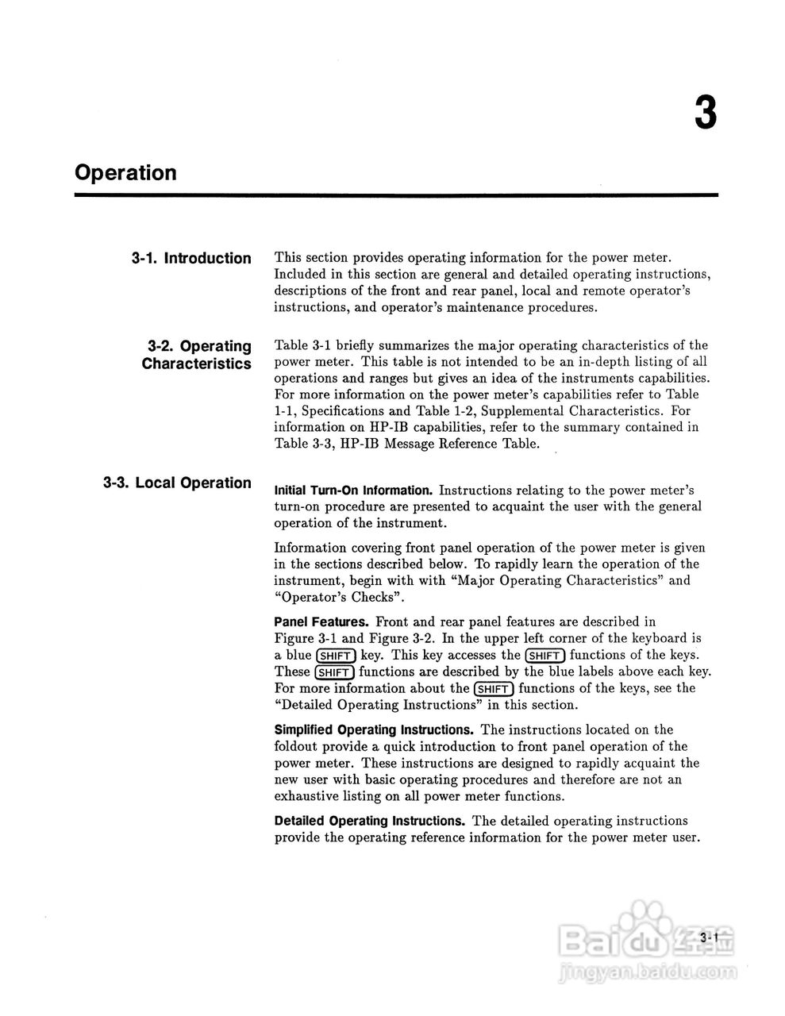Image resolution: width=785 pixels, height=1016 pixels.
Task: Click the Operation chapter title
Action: (x=125, y=173)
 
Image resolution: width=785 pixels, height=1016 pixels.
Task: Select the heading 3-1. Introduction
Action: (x=191, y=258)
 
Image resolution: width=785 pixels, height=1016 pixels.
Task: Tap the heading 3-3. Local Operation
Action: (x=177, y=483)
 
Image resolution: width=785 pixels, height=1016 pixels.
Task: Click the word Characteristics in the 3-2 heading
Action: (x=196, y=364)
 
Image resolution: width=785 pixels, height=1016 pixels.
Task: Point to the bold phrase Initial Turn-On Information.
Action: (x=352, y=491)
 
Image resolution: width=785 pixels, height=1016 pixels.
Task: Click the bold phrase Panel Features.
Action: (x=321, y=622)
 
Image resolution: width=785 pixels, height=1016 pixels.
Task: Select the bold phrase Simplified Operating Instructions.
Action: (x=374, y=729)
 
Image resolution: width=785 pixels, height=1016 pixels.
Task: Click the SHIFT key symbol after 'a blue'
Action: (x=335, y=656)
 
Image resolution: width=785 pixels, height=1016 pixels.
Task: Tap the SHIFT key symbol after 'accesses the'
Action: (x=545, y=656)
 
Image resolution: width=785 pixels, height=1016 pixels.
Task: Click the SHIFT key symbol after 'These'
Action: (x=334, y=672)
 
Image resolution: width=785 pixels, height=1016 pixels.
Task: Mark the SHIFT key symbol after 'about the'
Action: (x=494, y=689)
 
